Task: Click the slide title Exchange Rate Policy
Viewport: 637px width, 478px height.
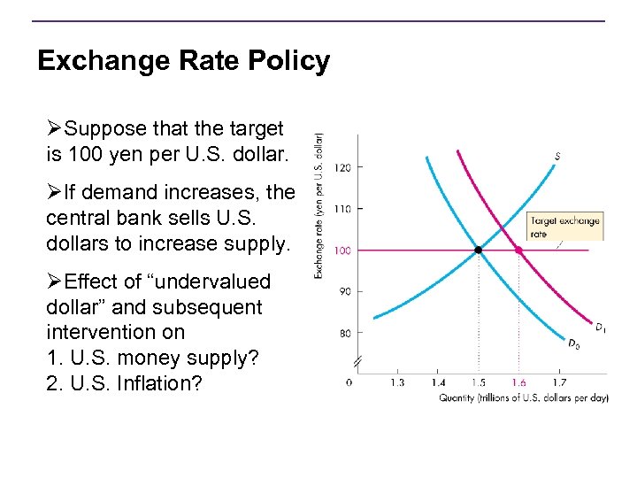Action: tap(183, 61)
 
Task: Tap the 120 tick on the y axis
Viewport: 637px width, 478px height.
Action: tap(343, 167)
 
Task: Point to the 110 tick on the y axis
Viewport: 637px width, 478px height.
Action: tap(343, 209)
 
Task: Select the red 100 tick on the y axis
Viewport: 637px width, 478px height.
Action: tap(343, 251)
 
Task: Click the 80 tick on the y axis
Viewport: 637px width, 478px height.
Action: tap(343, 334)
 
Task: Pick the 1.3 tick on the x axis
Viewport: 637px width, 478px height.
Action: tap(397, 382)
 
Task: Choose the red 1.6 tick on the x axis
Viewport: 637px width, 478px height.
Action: tap(518, 382)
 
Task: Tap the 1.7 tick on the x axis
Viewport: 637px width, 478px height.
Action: tap(559, 382)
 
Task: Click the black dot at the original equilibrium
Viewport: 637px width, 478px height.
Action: tap(479, 251)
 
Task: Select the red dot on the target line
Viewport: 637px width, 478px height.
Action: tap(518, 251)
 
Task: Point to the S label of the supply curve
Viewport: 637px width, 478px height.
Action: tap(557, 157)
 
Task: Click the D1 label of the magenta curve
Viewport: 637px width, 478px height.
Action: tap(601, 328)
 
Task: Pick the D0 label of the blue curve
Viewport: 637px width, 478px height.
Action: tap(574, 343)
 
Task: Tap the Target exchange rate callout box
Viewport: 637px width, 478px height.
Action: tap(564, 227)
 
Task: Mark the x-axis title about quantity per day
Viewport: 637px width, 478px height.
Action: tap(524, 398)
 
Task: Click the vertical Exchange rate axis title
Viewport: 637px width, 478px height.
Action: tap(318, 205)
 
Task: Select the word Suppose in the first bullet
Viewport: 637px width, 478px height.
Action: tap(104, 129)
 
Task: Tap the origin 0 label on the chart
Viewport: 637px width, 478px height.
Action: tap(349, 382)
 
